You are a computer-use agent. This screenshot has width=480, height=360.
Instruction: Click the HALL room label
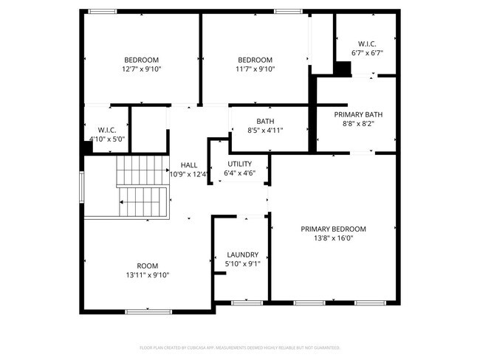(x=188, y=165)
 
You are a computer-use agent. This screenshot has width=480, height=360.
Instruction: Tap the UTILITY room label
(x=239, y=164)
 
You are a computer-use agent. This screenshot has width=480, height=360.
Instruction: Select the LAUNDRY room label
(x=241, y=254)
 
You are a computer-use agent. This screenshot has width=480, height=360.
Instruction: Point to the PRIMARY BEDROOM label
(x=333, y=229)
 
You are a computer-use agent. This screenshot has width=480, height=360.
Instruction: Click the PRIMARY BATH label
(x=358, y=114)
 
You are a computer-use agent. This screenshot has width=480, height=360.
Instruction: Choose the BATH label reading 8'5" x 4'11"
(x=265, y=121)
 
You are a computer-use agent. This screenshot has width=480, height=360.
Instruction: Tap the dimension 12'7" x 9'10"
(x=142, y=69)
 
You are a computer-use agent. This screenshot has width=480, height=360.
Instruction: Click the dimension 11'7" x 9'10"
(x=255, y=69)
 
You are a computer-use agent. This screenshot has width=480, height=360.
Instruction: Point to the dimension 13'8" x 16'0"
(x=333, y=238)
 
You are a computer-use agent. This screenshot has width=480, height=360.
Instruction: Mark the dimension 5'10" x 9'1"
(x=241, y=263)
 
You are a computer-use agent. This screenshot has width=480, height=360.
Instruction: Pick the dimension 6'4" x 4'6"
(x=239, y=173)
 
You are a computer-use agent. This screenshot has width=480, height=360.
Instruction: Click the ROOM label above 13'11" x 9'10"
(x=147, y=266)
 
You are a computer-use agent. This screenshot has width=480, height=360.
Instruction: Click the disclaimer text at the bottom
(x=239, y=347)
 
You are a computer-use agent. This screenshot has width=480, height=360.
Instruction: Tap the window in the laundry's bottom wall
(x=247, y=302)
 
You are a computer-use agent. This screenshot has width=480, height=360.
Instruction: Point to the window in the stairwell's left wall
(x=82, y=186)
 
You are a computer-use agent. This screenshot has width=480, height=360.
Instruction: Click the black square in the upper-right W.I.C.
(x=343, y=69)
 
